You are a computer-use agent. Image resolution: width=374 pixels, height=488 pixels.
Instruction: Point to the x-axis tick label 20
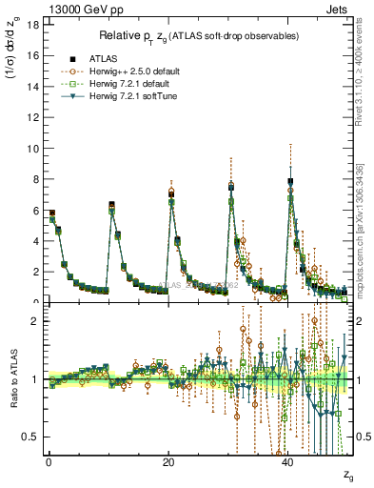[x=168, y=463]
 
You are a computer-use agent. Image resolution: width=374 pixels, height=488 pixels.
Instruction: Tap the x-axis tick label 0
[x=49, y=463]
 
